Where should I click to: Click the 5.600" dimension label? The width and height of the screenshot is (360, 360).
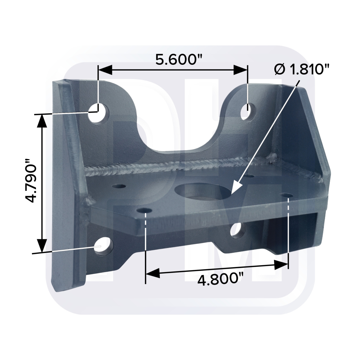click(x=179, y=59)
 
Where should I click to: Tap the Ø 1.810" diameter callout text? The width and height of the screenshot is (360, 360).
click(x=301, y=69)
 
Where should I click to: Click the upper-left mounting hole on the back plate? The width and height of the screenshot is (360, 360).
click(x=98, y=113)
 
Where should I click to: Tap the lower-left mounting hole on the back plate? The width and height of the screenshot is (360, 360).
click(x=104, y=246)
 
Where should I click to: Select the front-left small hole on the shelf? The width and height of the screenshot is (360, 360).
click(x=145, y=210)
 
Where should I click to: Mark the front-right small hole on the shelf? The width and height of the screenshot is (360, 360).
click(x=287, y=195)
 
